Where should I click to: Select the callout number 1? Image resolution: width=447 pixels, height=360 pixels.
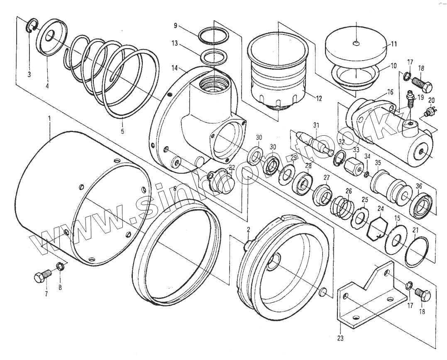(x=49, y=118)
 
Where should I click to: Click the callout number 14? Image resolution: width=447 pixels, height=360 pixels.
(x=175, y=67)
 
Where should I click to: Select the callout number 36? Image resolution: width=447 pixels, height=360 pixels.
(x=419, y=186)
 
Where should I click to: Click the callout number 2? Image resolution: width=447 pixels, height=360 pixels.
(x=248, y=230)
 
